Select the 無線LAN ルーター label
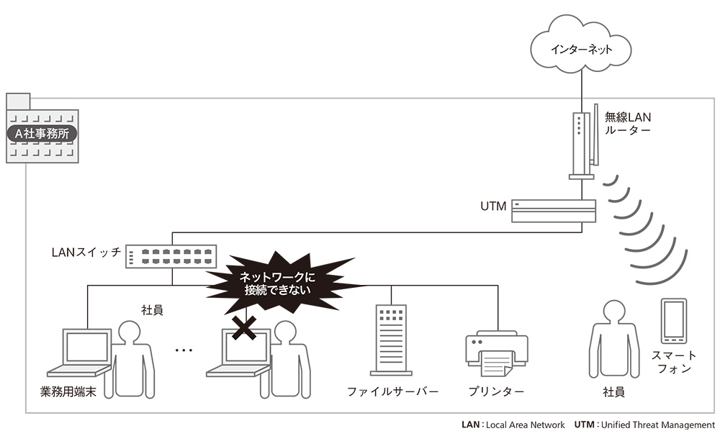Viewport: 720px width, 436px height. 627,123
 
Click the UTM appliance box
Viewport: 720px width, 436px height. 554,211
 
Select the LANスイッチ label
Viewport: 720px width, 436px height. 86,253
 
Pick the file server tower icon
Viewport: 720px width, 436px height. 391,340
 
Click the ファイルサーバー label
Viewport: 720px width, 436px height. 392,392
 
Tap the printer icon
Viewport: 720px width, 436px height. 496,352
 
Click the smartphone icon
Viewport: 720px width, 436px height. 672,320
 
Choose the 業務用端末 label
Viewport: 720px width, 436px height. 68,392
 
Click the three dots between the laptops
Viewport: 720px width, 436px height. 184,350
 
